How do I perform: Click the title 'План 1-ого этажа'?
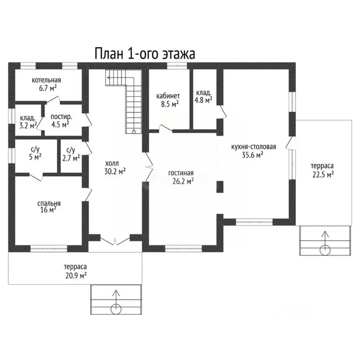tap(145, 54)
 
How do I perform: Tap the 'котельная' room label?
tap(46, 80)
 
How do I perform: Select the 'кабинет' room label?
tap(168, 96)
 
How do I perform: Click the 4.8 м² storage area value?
tap(203, 100)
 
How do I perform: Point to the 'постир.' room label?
tap(61, 117)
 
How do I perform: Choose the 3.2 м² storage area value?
tap(28, 126)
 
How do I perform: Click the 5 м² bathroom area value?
tap(35, 157)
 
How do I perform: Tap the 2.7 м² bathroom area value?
tap(71, 158)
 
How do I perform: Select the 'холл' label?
tap(112, 164)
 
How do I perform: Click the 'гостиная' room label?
tap(181, 173)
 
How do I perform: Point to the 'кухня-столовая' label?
tap(254, 147)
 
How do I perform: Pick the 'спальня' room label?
tap(49, 203)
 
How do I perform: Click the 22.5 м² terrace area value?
tap(323, 174)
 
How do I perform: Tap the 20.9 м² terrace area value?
tap(76, 275)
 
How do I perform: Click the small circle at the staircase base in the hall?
tap(134, 132)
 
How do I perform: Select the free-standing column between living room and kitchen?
tap(220, 187)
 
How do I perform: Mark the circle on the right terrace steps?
tap(325, 250)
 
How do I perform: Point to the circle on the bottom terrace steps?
tap(116, 309)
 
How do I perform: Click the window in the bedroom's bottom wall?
tap(49, 248)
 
